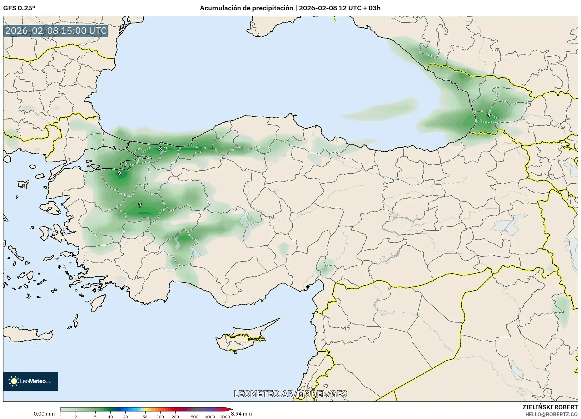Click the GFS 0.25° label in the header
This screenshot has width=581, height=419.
click(x=19, y=8)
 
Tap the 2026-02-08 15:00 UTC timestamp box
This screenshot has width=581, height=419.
click(x=56, y=31)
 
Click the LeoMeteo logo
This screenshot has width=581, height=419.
click(x=31, y=381)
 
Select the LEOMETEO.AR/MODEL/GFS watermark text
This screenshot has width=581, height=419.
click(x=290, y=394)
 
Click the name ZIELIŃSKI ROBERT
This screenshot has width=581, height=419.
click(x=550, y=407)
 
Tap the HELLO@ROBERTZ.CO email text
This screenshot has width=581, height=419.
click(x=551, y=414)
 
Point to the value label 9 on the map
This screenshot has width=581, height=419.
click(x=119, y=173)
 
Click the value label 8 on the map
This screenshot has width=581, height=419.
click(x=161, y=149)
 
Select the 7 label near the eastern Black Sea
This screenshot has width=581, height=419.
click(x=489, y=116)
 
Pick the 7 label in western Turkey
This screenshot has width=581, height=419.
click(x=140, y=205)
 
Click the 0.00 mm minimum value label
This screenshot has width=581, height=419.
click(x=44, y=414)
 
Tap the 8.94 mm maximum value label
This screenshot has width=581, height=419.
click(x=241, y=414)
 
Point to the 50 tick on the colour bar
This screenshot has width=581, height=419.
click(x=145, y=417)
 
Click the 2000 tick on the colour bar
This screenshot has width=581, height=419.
click(x=225, y=417)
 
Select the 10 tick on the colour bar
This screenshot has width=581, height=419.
click(x=110, y=417)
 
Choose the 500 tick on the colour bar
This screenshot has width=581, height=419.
click(x=195, y=417)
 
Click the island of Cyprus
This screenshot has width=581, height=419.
click(x=241, y=340)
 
